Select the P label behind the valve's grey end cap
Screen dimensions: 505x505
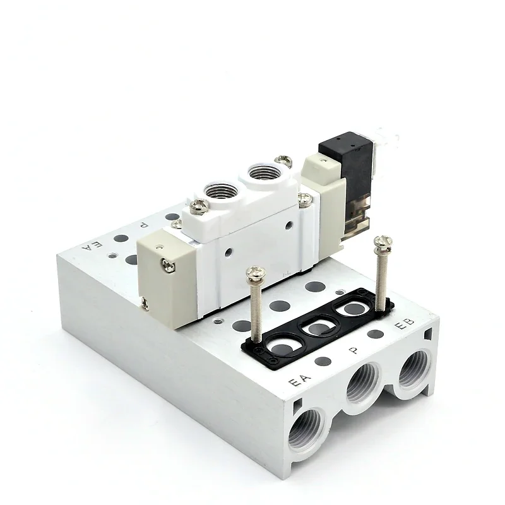(144, 225)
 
